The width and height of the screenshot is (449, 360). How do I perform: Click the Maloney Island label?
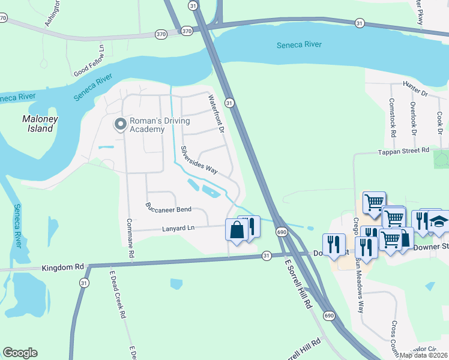40,124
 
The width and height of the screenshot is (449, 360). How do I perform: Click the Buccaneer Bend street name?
168,208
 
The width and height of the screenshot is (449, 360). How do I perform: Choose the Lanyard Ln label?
178,228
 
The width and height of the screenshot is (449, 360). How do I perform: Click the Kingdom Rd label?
63,266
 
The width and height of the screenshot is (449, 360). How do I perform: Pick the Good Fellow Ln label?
89,61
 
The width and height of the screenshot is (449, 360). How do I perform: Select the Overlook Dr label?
413,116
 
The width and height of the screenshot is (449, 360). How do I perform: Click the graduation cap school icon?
439,221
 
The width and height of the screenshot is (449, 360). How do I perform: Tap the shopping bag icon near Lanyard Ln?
237,230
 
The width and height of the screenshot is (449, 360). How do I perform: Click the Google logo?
20,353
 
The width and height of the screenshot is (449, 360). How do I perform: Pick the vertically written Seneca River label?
19,226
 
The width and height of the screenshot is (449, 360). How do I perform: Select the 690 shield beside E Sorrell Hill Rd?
282,232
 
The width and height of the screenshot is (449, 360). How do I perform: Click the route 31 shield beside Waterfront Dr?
229,103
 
